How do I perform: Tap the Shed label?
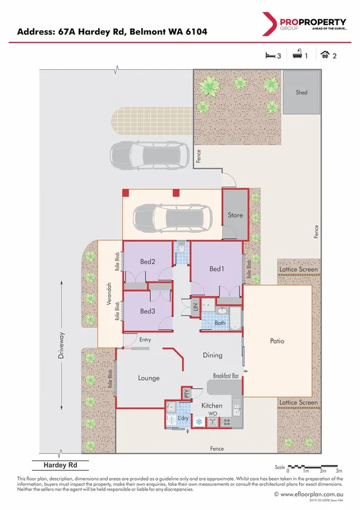point(301,93)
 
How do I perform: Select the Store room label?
point(235,215)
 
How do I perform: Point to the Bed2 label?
point(148,262)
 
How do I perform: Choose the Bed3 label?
point(148,311)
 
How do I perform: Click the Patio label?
point(276,341)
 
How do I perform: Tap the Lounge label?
point(148,378)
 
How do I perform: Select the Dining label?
point(213,355)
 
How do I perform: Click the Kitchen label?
point(212,406)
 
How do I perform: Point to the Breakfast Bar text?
point(227,376)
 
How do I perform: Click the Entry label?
point(145,340)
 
